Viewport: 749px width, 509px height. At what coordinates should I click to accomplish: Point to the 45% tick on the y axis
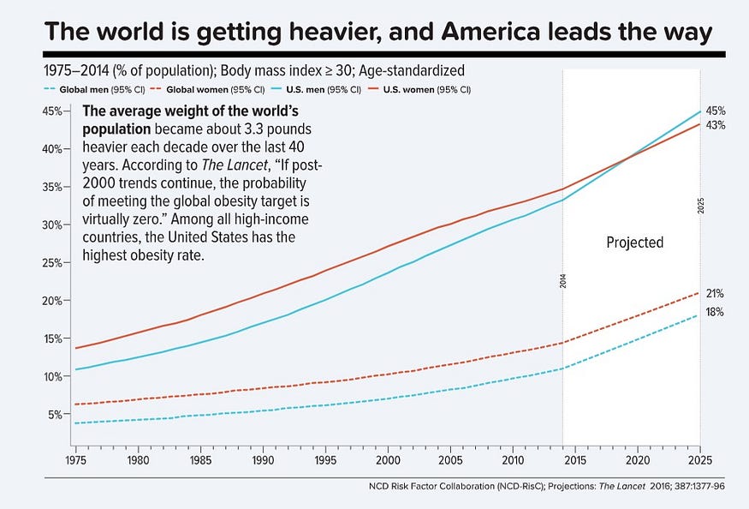point(51,111)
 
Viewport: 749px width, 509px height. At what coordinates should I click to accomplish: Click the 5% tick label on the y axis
point(53,414)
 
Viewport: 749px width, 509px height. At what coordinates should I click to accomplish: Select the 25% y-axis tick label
point(51,262)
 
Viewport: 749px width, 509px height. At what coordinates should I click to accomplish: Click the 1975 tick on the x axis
point(75,460)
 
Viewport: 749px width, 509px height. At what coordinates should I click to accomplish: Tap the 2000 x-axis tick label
point(388,460)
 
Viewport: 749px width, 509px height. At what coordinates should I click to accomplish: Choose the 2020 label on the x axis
point(638,460)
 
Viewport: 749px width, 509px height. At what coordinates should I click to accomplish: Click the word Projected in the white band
point(634,243)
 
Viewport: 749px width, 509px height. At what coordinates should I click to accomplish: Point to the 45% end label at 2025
point(716,111)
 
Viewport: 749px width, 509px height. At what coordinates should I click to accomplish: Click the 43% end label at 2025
point(716,125)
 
